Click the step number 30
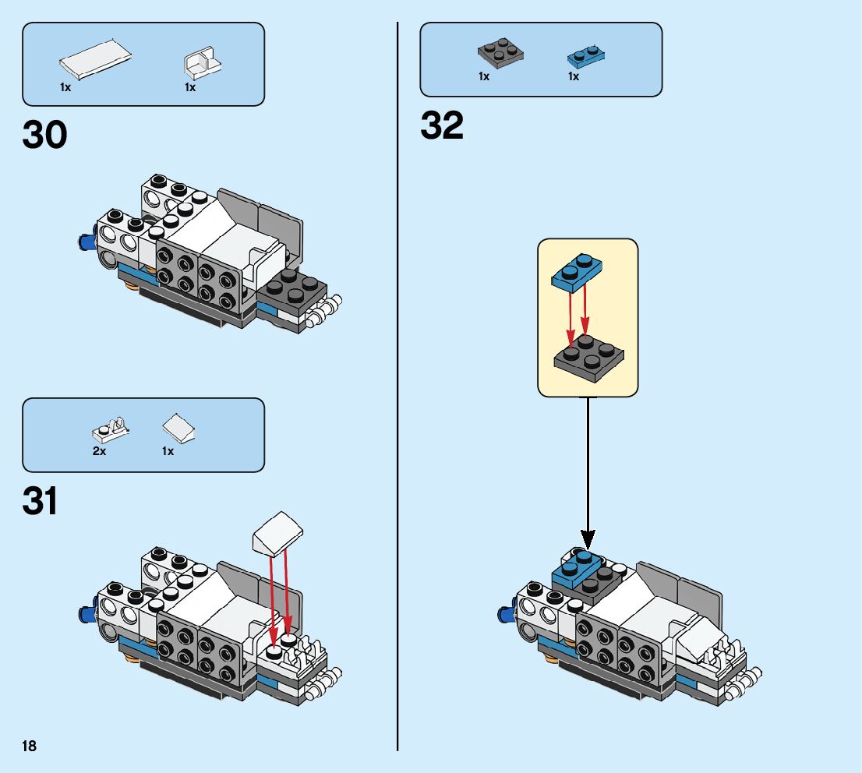pyautogui.click(x=45, y=136)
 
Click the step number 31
pyautogui.click(x=41, y=502)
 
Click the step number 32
pyautogui.click(x=442, y=125)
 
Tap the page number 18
pyautogui.click(x=30, y=747)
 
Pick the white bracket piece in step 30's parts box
pyautogui.click(x=203, y=64)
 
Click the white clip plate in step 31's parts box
pyautogui.click(x=111, y=428)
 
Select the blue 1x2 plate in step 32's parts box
pyautogui.click(x=587, y=55)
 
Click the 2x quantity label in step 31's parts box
pyautogui.click(x=99, y=451)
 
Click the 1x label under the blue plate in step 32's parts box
pyautogui.click(x=574, y=76)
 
